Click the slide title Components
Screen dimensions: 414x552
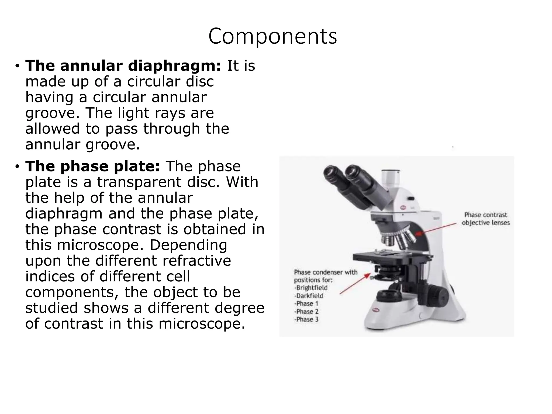(x=272, y=36)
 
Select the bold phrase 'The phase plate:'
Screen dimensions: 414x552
(x=92, y=166)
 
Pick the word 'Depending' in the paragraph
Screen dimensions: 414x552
(x=188, y=245)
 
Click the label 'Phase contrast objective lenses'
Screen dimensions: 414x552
(x=485, y=219)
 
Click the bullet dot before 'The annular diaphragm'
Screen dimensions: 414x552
(x=17, y=66)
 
